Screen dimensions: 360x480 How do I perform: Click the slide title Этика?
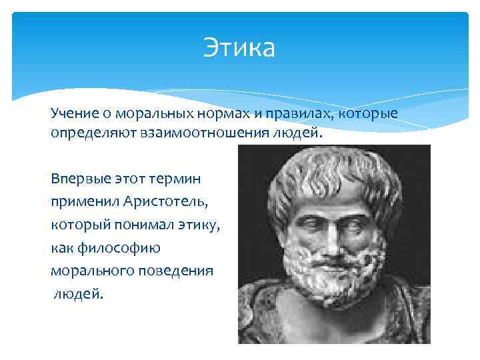tap(239, 49)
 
